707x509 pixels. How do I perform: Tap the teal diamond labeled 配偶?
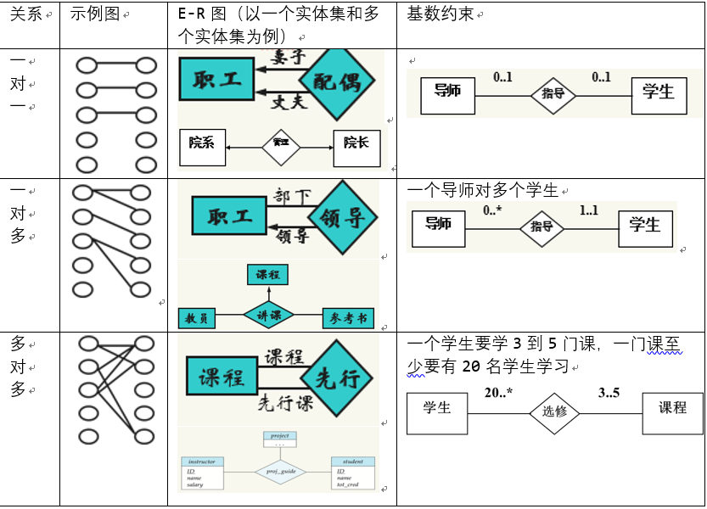coord(337,82)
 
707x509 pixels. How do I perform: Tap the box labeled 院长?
coord(356,145)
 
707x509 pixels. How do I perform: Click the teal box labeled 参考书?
coord(349,319)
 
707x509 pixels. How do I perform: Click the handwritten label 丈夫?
coord(289,103)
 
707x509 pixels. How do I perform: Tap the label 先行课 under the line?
coord(286,402)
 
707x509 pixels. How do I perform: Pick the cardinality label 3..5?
coord(609,393)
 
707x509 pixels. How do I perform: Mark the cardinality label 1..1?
coord(589,210)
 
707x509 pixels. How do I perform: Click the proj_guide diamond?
coord(280,469)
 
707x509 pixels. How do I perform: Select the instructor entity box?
coord(203,473)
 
